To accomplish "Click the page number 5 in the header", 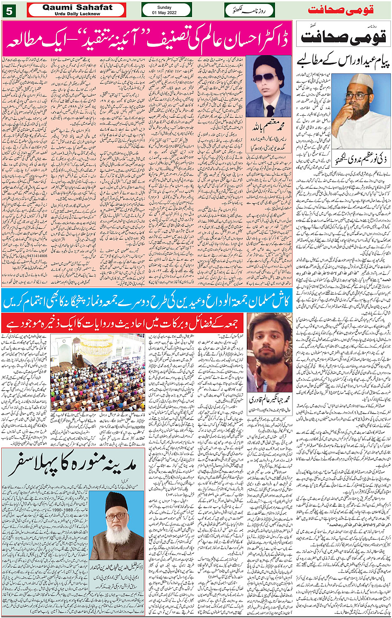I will (x=9, y=10).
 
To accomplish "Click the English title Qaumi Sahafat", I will (x=77, y=7).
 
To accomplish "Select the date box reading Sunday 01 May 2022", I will (x=166, y=10).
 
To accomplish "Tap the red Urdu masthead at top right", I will (x=341, y=10).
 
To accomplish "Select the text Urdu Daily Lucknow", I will (x=77, y=14).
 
